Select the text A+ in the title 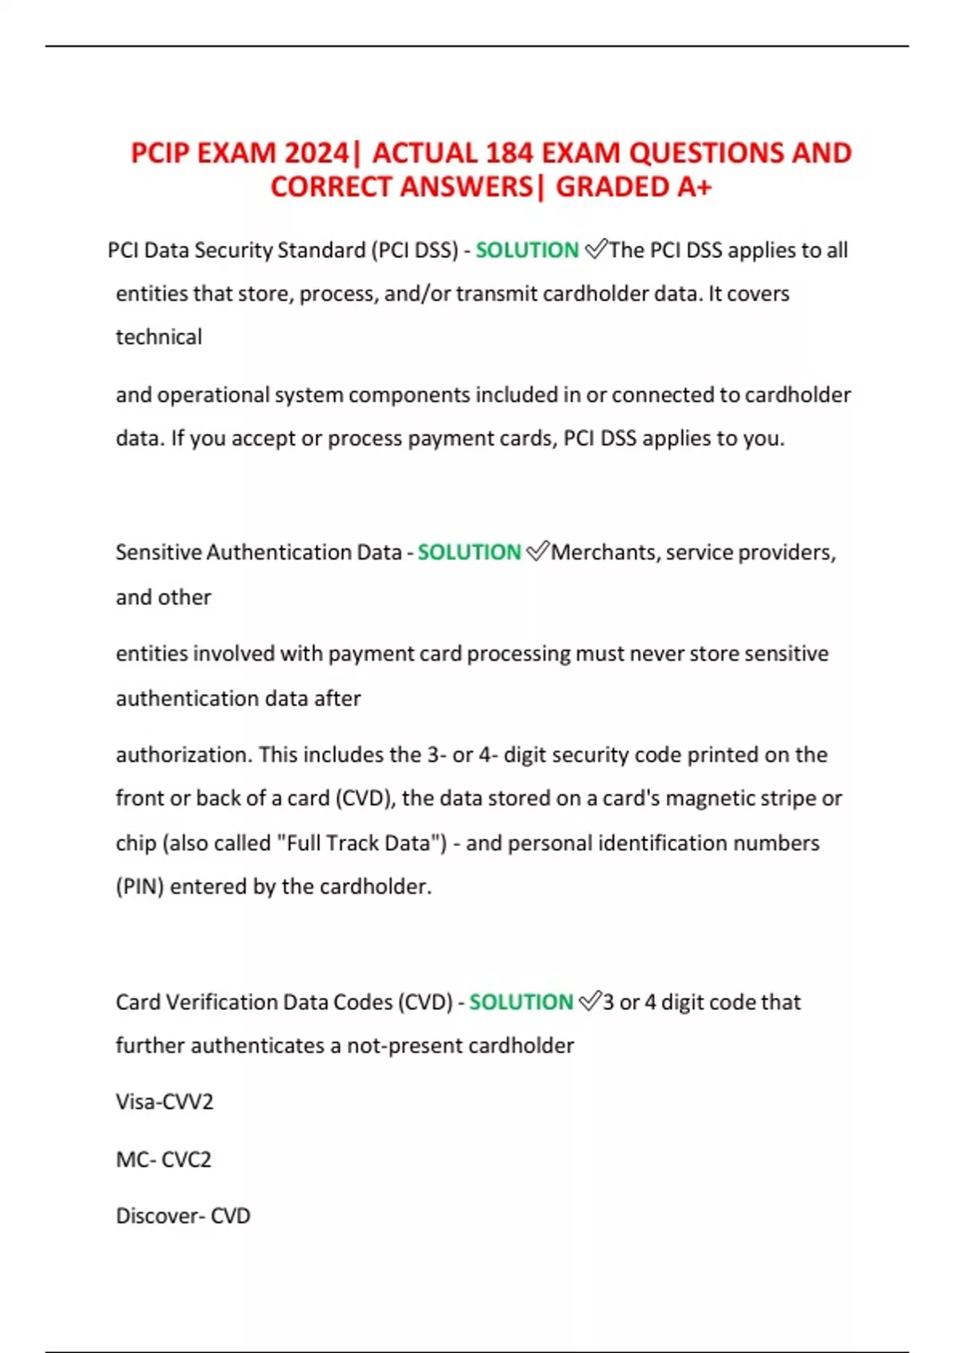(x=694, y=187)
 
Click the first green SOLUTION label (x=527, y=251)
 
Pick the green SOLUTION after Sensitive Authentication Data (x=469, y=552)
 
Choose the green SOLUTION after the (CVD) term (x=520, y=1002)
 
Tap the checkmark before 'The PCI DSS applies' (x=595, y=250)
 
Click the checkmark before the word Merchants (x=537, y=552)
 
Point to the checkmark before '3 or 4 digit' (x=590, y=1001)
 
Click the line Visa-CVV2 (x=165, y=1102)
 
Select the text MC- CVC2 (x=164, y=1160)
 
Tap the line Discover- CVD (x=183, y=1216)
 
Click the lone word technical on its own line (x=159, y=337)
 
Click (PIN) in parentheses (x=140, y=887)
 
